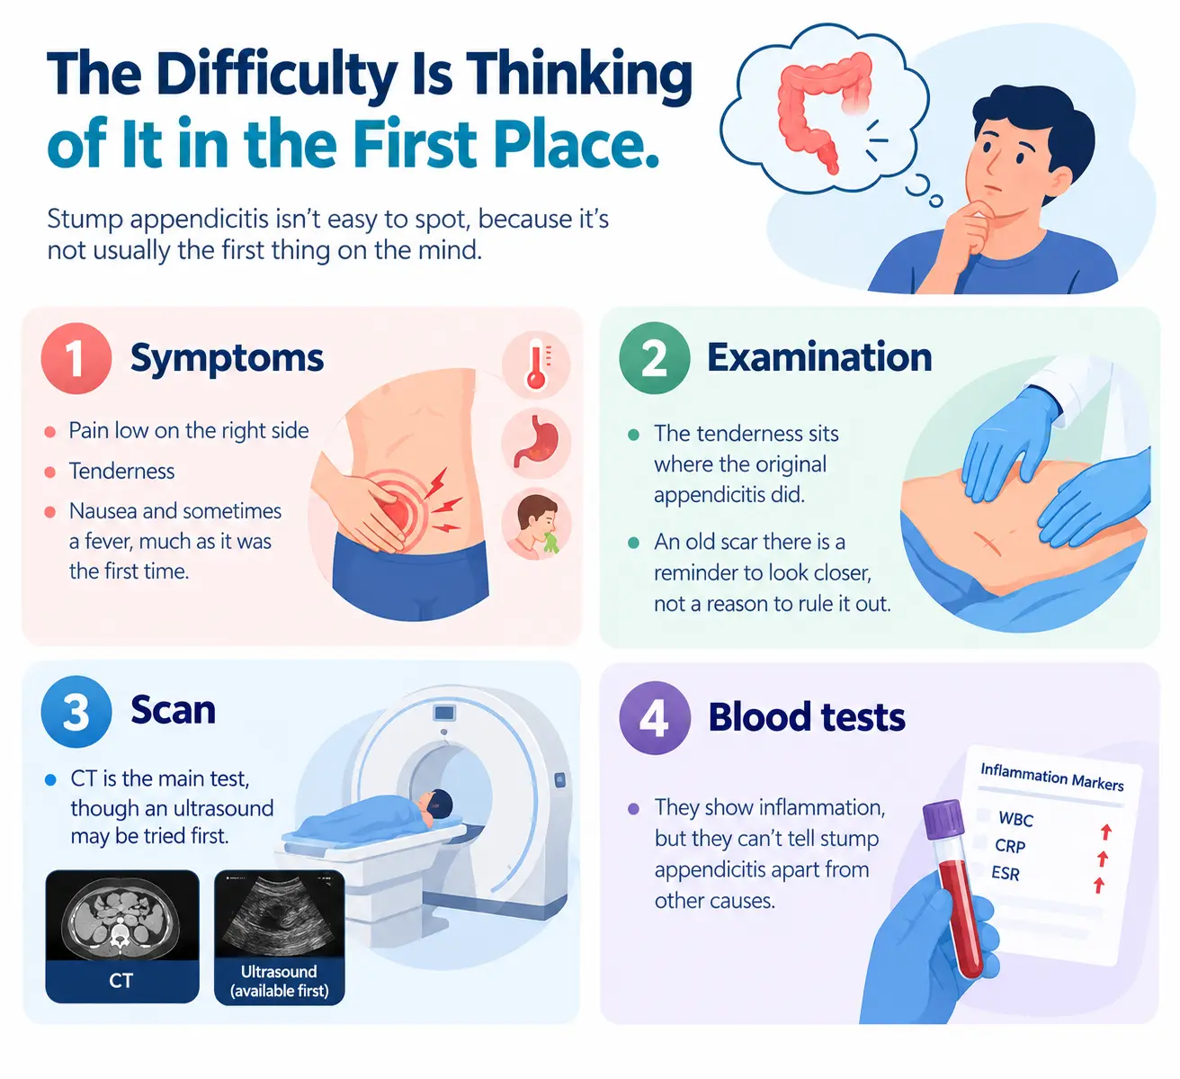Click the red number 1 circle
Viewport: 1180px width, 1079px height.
pos(76,358)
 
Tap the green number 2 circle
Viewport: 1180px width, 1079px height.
pos(654,358)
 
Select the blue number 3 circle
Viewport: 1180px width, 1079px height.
pos(76,712)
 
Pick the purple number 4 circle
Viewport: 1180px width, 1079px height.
pos(654,717)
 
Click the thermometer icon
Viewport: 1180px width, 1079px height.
pos(536,365)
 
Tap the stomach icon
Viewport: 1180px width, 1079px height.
pos(536,443)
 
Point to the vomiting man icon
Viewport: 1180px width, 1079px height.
pos(536,524)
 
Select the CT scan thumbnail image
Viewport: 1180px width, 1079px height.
pos(122,915)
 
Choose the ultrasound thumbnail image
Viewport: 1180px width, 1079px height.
pos(280,914)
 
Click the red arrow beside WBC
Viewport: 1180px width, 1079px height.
pos(1106,832)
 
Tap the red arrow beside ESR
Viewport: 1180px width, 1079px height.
pos(1098,885)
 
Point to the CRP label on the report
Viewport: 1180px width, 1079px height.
pos(1009,846)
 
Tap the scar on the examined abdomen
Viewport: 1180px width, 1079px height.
pos(988,543)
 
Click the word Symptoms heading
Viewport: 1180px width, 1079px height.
pos(227,358)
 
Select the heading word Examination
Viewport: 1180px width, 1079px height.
pos(819,357)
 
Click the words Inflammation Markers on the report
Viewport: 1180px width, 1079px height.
pos(1051,777)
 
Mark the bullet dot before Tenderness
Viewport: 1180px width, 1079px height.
pos(50,472)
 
